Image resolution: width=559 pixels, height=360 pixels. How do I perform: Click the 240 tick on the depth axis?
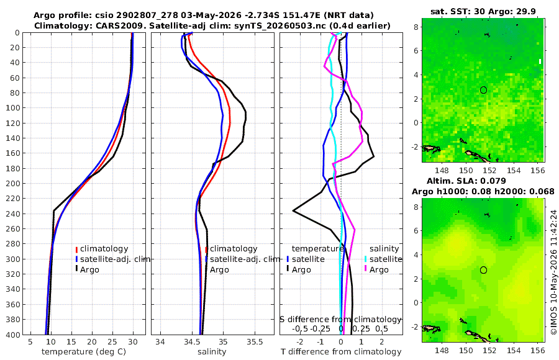pyautogui.click(x=14, y=214)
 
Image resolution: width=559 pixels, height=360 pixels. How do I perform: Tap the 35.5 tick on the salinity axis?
pyautogui.click(x=255, y=342)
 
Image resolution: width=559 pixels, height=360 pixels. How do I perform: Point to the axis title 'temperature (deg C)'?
pyautogui.click(x=84, y=352)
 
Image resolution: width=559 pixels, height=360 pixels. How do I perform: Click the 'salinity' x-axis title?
pyautogui.click(x=212, y=352)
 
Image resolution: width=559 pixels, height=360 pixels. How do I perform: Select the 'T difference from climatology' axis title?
pyautogui.click(x=341, y=352)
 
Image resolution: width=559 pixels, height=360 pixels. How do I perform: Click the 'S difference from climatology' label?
pyautogui.click(x=340, y=320)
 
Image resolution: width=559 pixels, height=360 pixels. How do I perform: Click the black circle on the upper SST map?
pyautogui.click(x=483, y=90)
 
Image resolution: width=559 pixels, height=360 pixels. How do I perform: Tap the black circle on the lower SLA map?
pyautogui.click(x=483, y=270)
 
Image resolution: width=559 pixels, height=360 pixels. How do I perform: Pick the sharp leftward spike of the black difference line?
pyautogui.click(x=293, y=210)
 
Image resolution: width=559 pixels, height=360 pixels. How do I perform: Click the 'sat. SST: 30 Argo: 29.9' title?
pyautogui.click(x=483, y=11)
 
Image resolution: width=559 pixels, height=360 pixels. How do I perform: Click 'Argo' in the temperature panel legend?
pyautogui.click(x=89, y=270)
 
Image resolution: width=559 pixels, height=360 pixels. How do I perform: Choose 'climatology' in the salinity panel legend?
pyautogui.click(x=234, y=249)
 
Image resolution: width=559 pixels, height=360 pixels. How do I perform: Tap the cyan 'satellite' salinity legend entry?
pyautogui.click(x=386, y=259)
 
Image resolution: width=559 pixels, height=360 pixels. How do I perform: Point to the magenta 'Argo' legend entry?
pyautogui.click(x=379, y=270)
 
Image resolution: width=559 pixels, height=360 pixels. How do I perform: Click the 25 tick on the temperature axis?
pyautogui.click(x=112, y=342)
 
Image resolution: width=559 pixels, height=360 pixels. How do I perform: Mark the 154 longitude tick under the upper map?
pyautogui.click(x=514, y=171)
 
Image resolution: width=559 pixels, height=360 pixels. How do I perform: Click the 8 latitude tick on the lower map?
pyautogui.click(x=416, y=207)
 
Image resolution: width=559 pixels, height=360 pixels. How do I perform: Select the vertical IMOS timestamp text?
pyautogui.click(x=553, y=272)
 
